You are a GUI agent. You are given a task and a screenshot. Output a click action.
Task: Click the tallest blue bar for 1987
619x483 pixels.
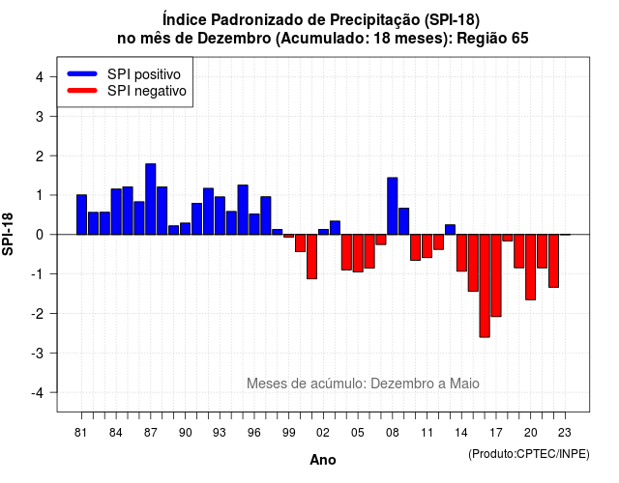tap(151, 199)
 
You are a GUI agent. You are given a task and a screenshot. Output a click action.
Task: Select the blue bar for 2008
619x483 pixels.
tap(393, 206)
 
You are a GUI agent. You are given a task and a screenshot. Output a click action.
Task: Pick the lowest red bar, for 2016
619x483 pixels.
tap(485, 286)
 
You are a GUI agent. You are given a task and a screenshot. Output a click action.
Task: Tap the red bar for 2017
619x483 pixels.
tap(496, 275)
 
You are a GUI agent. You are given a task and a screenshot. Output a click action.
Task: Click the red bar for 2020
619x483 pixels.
tap(531, 268)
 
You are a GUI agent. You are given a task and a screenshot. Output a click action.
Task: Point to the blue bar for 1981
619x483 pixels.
tap(81, 214)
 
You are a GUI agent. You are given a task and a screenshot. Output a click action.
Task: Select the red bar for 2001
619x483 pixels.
tap(311, 257)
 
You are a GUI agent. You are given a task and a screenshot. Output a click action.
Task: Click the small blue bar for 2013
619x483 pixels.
tap(450, 230)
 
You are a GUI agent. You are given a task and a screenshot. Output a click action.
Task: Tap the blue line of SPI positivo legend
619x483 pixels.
tap(82, 73)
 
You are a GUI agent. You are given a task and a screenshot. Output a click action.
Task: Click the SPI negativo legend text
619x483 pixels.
tap(147, 91)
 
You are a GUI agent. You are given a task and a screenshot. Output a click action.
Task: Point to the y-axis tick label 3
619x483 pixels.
tap(40, 116)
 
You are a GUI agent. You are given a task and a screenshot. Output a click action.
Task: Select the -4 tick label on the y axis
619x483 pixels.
tap(39, 393)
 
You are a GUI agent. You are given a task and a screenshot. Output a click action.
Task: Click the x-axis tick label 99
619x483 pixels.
tap(288, 433)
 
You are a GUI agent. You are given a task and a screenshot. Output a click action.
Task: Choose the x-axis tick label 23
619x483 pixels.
tap(565, 433)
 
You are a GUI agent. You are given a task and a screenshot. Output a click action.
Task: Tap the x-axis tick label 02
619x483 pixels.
tap(323, 433)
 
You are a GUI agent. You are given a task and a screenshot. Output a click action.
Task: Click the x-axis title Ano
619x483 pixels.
tap(323, 460)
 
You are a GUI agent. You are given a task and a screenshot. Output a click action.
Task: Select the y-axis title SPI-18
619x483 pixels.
tap(8, 234)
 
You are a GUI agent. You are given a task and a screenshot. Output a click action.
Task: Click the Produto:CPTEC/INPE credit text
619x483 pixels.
tap(529, 454)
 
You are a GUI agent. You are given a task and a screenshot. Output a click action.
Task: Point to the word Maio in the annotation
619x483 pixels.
tap(464, 384)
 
